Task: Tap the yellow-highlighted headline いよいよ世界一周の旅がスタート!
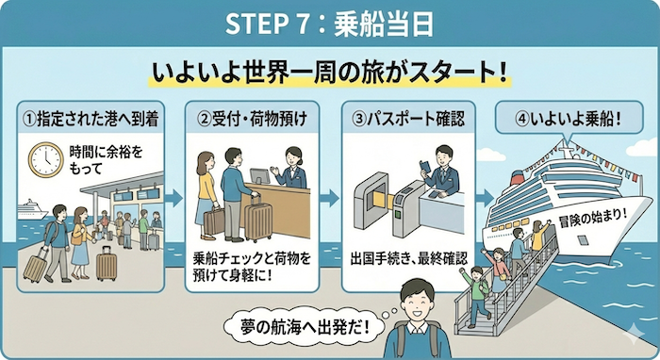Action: [329, 72]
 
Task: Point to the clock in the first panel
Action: [44, 161]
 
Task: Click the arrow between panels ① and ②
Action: [174, 199]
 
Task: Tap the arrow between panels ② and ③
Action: [330, 199]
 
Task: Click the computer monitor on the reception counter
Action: [259, 177]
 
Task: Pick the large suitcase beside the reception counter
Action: [257, 221]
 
